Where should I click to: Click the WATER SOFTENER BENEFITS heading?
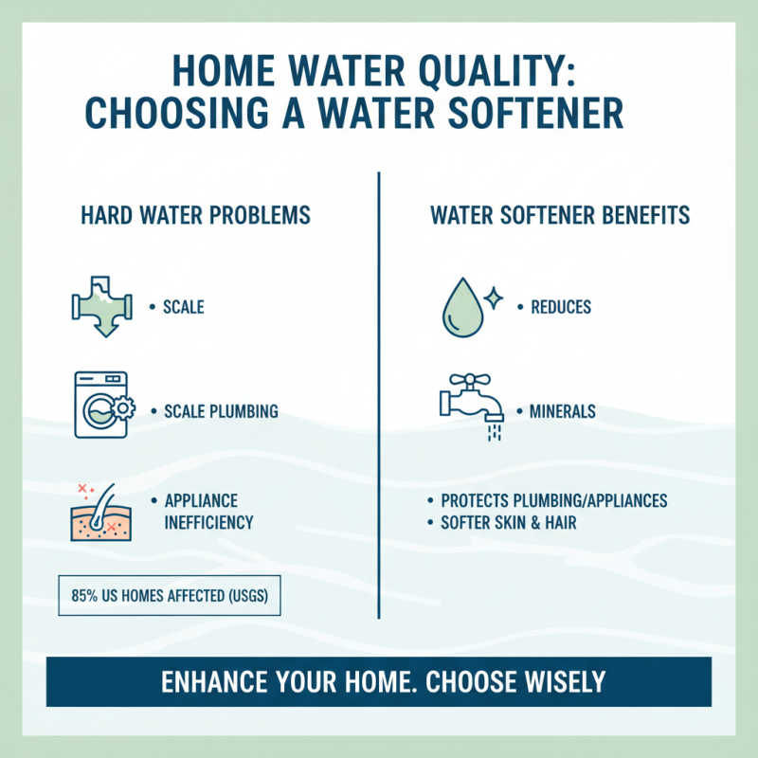[x=560, y=216]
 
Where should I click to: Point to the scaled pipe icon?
[x=101, y=306]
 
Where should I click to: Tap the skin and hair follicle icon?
[x=98, y=513]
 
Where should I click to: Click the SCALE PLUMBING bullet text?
[x=221, y=412]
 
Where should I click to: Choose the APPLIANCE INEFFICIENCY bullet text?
[x=208, y=512]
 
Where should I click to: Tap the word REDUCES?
[x=561, y=307]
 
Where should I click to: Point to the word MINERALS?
[x=565, y=412]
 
